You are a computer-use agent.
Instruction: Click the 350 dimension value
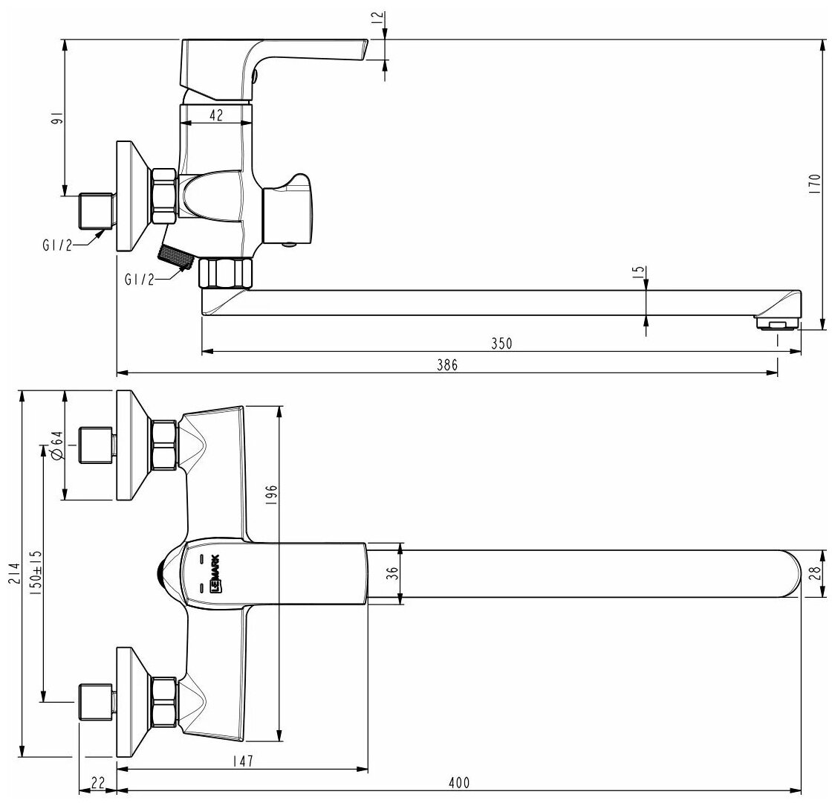(x=503, y=343)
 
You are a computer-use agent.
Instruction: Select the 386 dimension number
(x=446, y=364)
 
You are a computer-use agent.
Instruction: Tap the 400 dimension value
(x=460, y=783)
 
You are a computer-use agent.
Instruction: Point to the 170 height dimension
(x=815, y=183)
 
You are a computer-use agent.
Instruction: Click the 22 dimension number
(x=97, y=782)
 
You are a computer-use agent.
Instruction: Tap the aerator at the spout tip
(x=776, y=323)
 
